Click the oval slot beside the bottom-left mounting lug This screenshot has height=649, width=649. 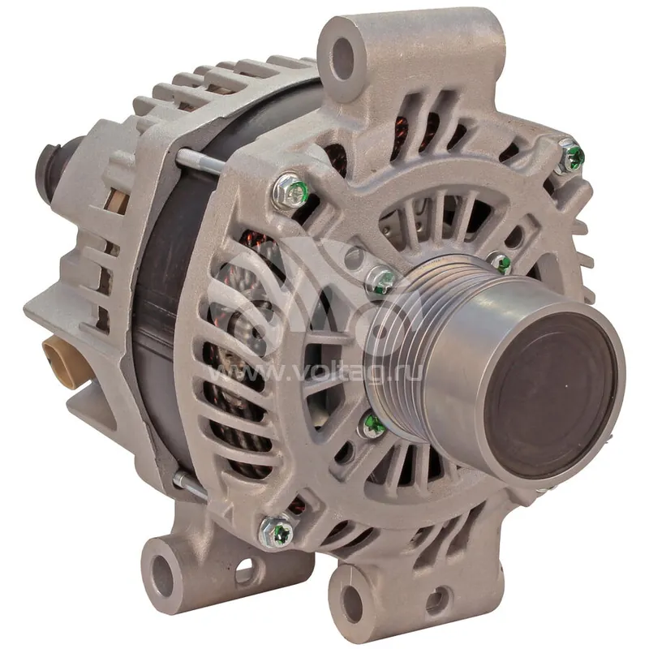point(244,568)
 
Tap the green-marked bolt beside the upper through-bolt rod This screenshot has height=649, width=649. point(290,191)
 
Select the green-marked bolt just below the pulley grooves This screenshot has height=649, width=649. point(372,423)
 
